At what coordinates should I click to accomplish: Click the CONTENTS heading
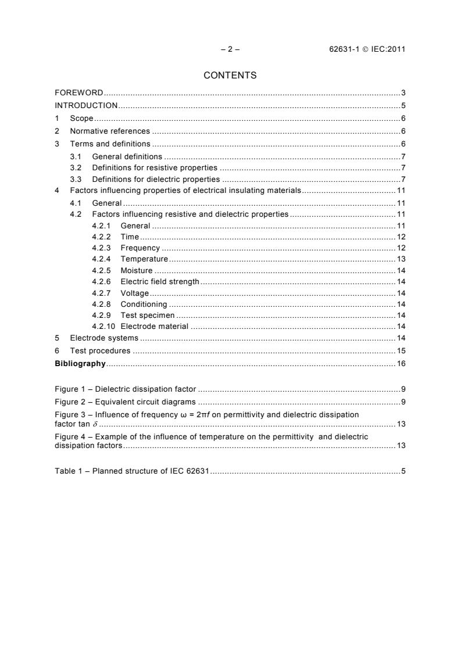click(230, 75)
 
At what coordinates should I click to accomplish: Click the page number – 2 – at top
click(230, 49)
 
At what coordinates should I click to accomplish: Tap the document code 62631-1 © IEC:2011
click(367, 49)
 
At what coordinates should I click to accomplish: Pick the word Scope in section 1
click(81, 119)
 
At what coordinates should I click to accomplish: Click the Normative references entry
click(110, 131)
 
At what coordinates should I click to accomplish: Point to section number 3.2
click(75, 168)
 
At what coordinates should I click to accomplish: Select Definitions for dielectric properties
click(156, 179)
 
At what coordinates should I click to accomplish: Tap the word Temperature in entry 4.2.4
click(144, 259)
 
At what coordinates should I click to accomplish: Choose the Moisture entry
click(137, 270)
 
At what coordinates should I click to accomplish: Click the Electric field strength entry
click(160, 281)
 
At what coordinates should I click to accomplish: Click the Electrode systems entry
click(104, 338)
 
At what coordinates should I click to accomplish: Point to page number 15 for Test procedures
click(401, 351)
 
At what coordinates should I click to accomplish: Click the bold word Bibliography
click(80, 364)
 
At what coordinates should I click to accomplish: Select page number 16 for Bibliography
click(401, 364)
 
